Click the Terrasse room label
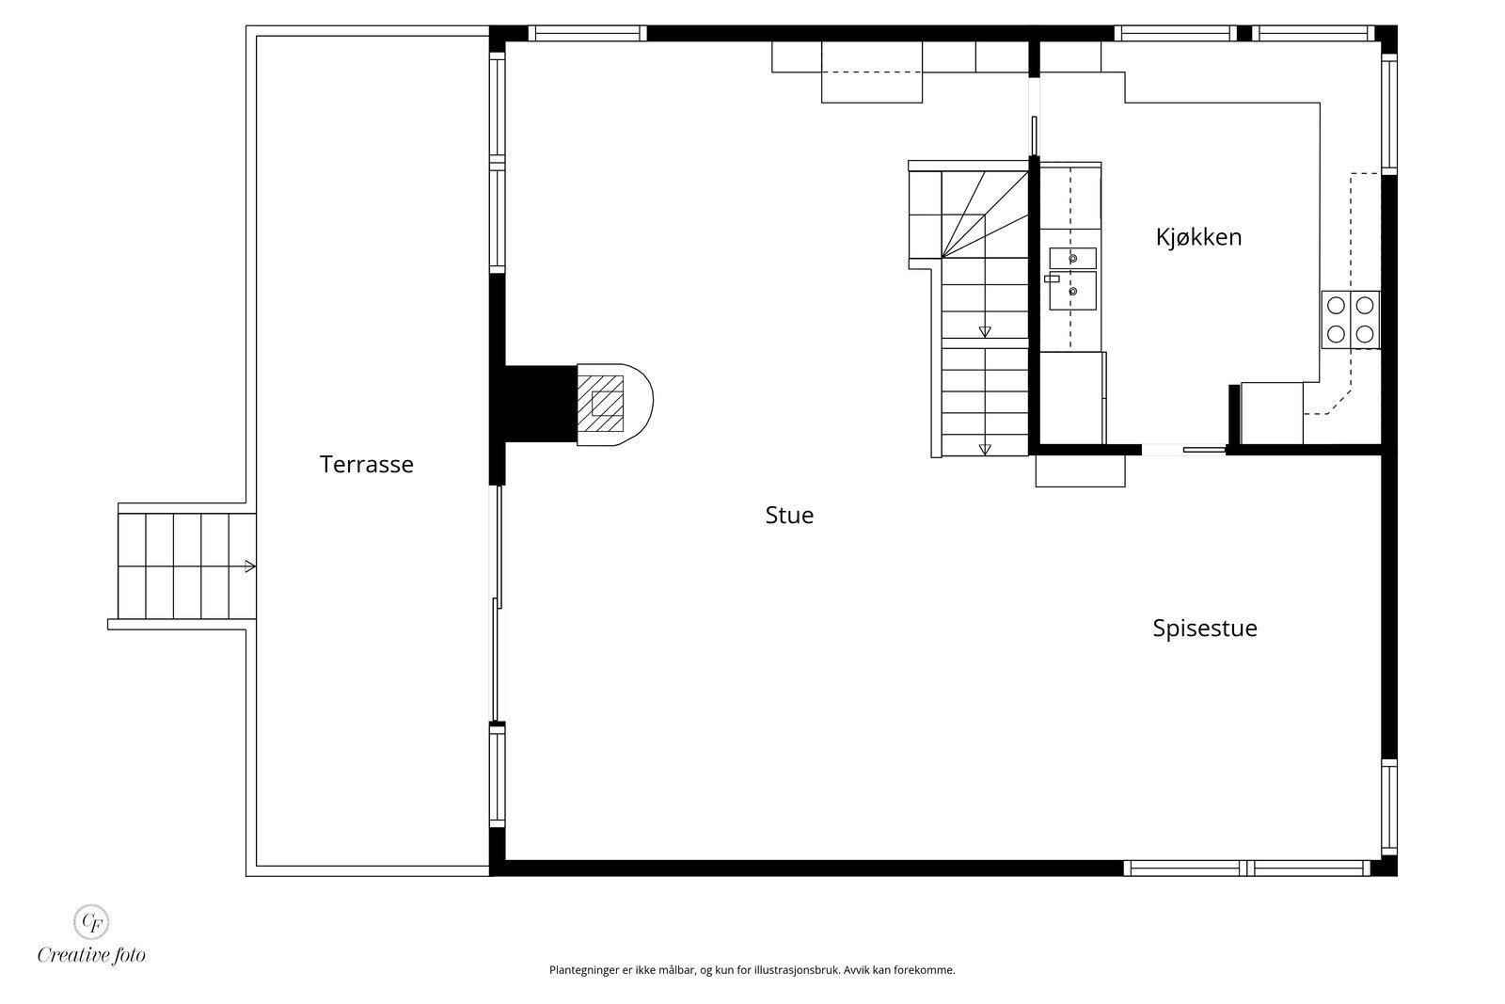click(x=366, y=464)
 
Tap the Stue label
click(x=789, y=515)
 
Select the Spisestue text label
click(x=1204, y=628)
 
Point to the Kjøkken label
click(x=1198, y=237)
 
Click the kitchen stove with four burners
click(x=1351, y=319)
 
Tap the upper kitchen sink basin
click(x=1072, y=258)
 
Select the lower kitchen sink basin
click(x=1072, y=292)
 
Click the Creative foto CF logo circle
click(x=91, y=920)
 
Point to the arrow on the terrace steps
click(x=249, y=566)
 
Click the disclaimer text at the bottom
click(x=752, y=970)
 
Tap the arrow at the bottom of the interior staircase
click(x=985, y=449)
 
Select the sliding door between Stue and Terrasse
click(x=499, y=602)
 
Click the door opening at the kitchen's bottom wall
click(x=1183, y=450)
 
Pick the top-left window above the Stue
click(x=587, y=33)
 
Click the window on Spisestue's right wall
click(x=1388, y=805)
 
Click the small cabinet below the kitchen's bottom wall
click(x=1080, y=470)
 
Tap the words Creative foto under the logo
click(x=91, y=955)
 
